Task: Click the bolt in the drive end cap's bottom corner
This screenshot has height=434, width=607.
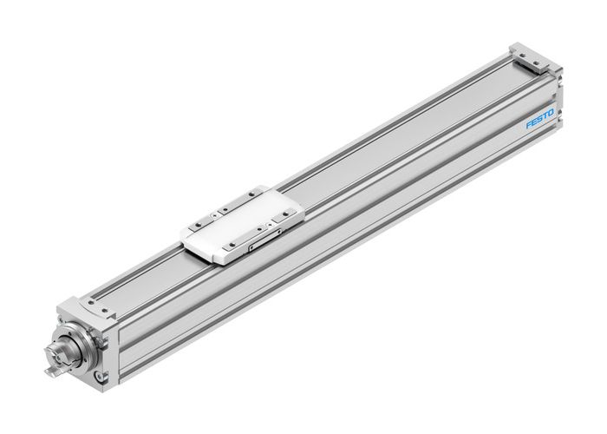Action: coord(101,376)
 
